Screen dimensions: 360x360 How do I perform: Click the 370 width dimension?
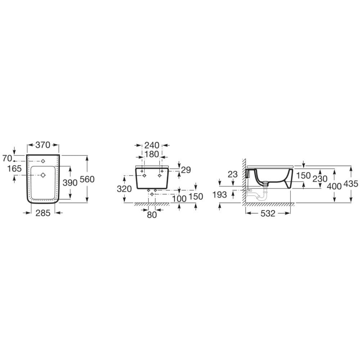43,145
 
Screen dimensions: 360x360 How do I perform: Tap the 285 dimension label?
42,213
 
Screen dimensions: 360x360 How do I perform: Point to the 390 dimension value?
70,183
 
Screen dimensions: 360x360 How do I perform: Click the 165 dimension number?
14,168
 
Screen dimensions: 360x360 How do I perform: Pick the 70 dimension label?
7,158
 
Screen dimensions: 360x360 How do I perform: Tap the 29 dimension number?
186,170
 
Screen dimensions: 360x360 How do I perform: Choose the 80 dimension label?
152,215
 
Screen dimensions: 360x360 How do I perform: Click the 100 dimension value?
179,198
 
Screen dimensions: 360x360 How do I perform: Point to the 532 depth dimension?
267,213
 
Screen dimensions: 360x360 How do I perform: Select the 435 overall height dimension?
351,184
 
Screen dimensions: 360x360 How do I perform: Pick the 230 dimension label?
320,179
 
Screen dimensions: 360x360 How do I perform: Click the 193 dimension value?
220,195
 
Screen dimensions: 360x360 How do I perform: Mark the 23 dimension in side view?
233,174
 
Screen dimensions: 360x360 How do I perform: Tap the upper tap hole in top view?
43,161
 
